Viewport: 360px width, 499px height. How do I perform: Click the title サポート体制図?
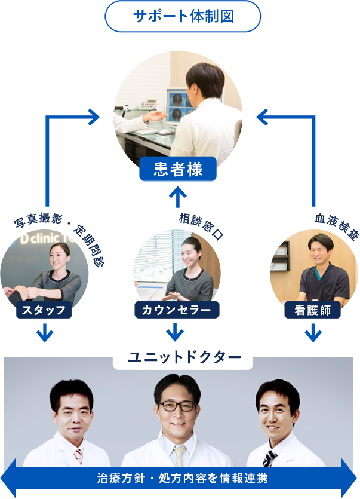tap(183, 16)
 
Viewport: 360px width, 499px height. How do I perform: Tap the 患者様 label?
tap(178, 170)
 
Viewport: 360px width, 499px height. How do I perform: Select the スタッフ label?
tap(45, 310)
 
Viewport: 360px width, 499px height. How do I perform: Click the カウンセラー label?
tap(176, 310)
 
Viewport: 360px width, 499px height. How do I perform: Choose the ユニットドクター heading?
tap(183, 357)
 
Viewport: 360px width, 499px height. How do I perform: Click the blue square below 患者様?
tap(177, 197)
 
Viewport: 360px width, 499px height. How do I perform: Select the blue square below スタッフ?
tap(45, 333)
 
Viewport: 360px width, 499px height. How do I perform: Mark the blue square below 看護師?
tap(313, 333)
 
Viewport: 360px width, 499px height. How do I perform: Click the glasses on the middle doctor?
tap(177, 405)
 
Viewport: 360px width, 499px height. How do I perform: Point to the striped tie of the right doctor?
tap(270, 458)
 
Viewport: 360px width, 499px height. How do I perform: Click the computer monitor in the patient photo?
tap(180, 106)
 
